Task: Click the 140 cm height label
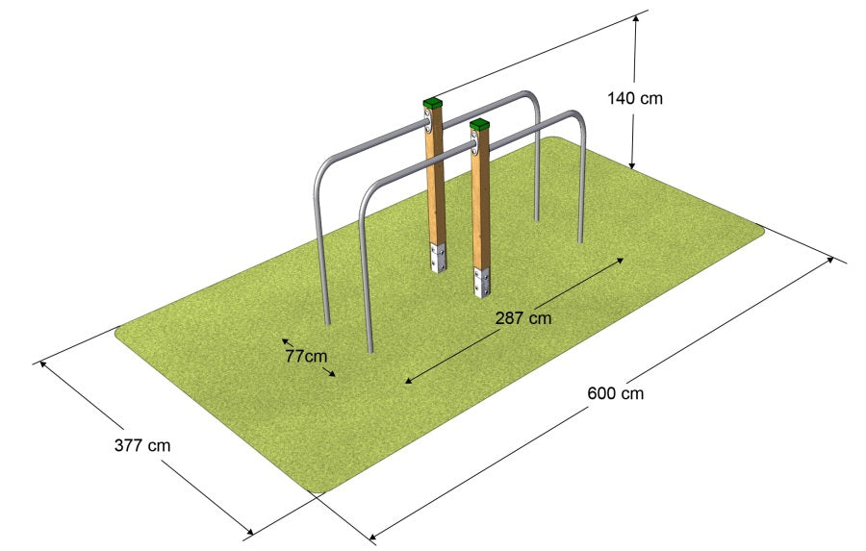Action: click(635, 98)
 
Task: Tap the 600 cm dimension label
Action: click(615, 393)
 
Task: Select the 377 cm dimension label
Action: click(142, 445)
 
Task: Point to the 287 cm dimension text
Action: click(523, 318)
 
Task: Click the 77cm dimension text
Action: click(307, 356)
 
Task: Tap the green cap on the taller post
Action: click(433, 103)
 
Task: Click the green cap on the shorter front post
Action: click(480, 124)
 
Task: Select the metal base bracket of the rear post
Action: click(439, 258)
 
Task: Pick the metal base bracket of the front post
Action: click(482, 282)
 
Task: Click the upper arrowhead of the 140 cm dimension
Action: click(636, 19)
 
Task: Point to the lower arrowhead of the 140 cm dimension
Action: click(632, 164)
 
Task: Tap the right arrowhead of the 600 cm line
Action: click(829, 260)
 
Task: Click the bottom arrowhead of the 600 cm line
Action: click(374, 535)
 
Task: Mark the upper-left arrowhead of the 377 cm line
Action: click(43, 365)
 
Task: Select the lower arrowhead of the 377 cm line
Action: click(248, 531)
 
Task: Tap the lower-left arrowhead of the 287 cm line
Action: click(409, 380)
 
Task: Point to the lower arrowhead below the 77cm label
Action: click(331, 374)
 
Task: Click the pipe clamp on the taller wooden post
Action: click(428, 120)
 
